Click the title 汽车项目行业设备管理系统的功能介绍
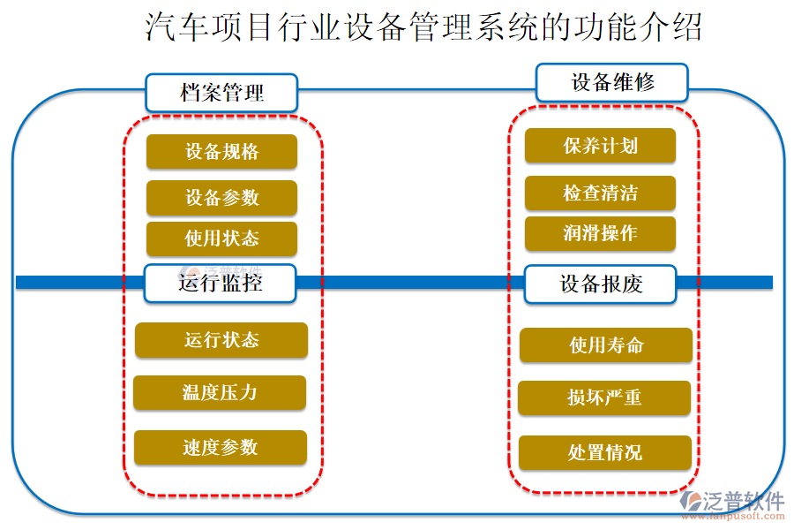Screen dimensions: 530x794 pyautogui.click(x=423, y=27)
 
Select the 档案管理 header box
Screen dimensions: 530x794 pyautogui.click(x=221, y=93)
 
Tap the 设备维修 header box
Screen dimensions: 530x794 pyautogui.click(x=612, y=82)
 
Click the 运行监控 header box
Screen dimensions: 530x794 pyautogui.click(x=221, y=284)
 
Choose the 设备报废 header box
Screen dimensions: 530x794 pyautogui.click(x=601, y=284)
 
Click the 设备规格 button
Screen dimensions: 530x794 pyautogui.click(x=221, y=151)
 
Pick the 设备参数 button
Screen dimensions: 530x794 pyautogui.click(x=221, y=198)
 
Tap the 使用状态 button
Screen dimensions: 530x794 pyautogui.click(x=221, y=238)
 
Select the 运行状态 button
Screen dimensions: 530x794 pyautogui.click(x=221, y=340)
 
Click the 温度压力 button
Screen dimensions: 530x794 pyautogui.click(x=220, y=392)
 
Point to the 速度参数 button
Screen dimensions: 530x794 pyautogui.click(x=221, y=447)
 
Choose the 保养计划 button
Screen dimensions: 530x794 pyautogui.click(x=600, y=146)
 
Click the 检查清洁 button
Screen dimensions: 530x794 pyautogui.click(x=600, y=193)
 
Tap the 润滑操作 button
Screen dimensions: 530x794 pyautogui.click(x=600, y=233)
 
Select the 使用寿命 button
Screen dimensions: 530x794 pyautogui.click(x=605, y=344)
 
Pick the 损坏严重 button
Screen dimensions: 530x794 pyautogui.click(x=604, y=397)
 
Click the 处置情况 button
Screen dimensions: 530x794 pyautogui.click(x=604, y=452)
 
